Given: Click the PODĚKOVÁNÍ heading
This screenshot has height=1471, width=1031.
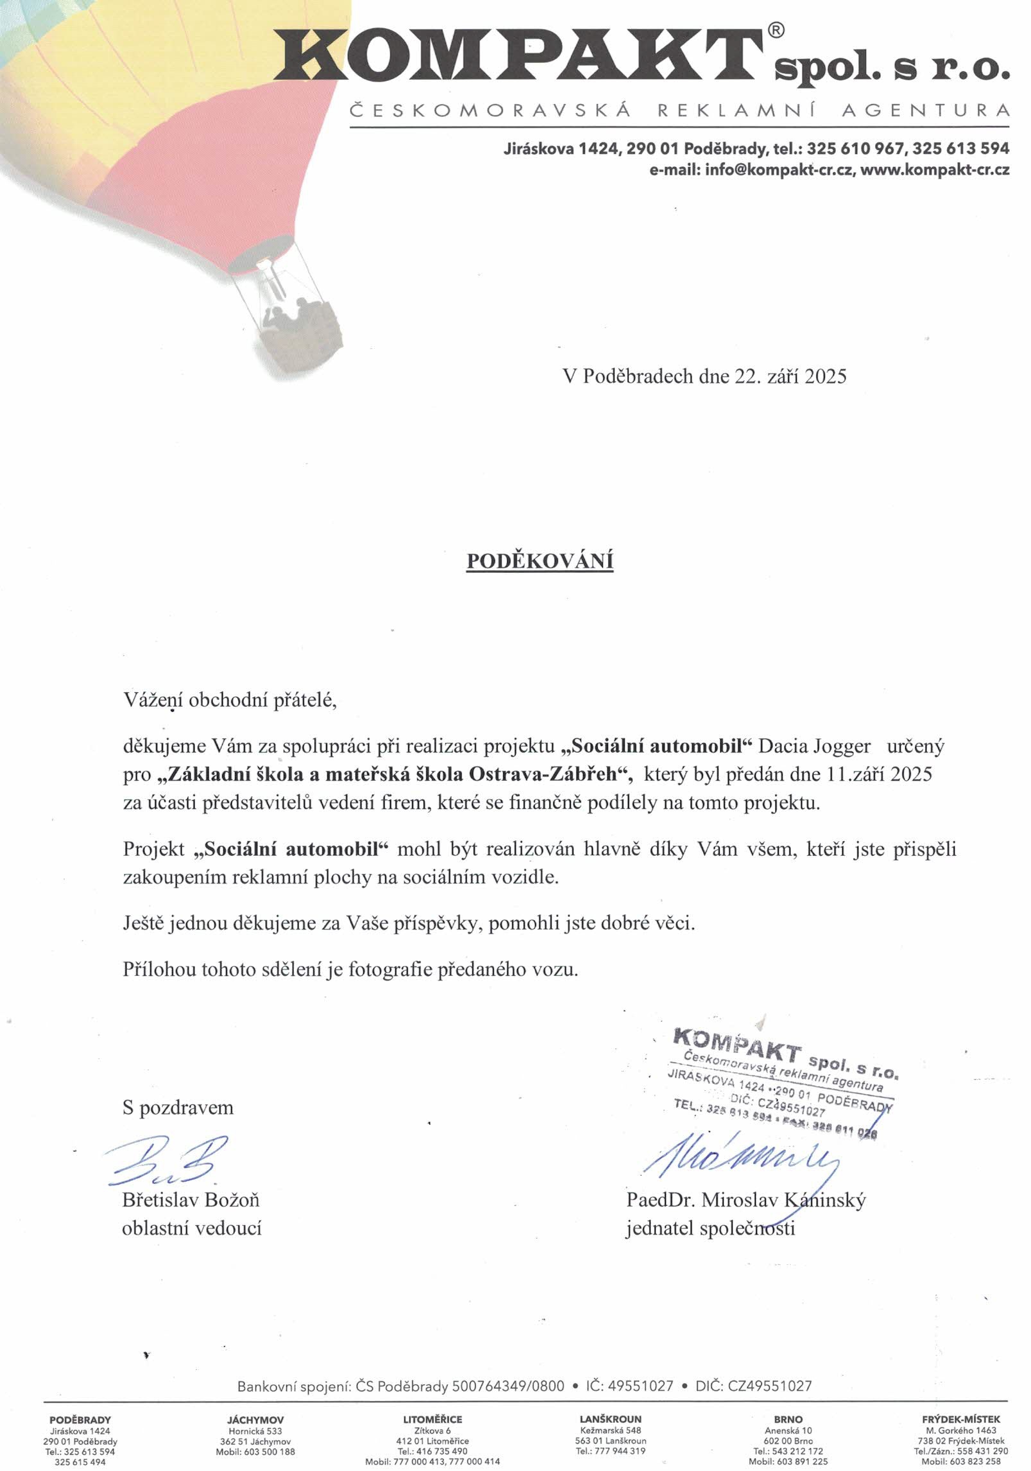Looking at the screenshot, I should (x=539, y=561).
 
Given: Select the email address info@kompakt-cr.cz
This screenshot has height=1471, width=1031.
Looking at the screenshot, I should (x=779, y=170).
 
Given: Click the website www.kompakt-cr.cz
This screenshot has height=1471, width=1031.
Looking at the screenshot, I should (x=935, y=170).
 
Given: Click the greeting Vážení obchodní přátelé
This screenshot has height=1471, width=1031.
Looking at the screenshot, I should (x=230, y=699).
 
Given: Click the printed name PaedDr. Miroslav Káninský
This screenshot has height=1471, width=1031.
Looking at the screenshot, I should (x=746, y=1199).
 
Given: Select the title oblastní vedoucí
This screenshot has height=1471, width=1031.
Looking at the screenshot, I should (x=191, y=1228).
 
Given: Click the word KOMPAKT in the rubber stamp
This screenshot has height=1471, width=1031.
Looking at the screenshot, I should (x=737, y=1045).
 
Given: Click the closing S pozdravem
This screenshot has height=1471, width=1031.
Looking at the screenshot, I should (x=178, y=1108).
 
